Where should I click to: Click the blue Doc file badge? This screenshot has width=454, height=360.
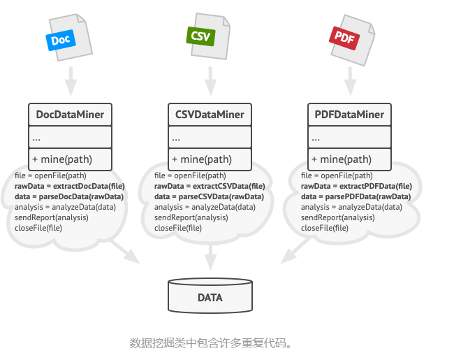(61, 40)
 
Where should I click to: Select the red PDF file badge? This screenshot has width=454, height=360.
(344, 36)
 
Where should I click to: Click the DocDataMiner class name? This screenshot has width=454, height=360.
(70, 115)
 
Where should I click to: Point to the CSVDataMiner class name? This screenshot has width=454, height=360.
(210, 115)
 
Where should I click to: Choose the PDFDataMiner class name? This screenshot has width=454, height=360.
(349, 115)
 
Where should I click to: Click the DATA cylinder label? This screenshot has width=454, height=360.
(210, 298)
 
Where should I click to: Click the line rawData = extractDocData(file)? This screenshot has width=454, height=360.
(69, 187)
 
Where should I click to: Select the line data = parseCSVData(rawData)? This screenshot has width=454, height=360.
(209, 197)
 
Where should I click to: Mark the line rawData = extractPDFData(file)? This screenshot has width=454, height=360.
(356, 187)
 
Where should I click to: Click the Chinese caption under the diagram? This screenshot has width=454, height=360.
(210, 343)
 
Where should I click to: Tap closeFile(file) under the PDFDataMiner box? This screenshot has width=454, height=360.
(325, 228)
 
